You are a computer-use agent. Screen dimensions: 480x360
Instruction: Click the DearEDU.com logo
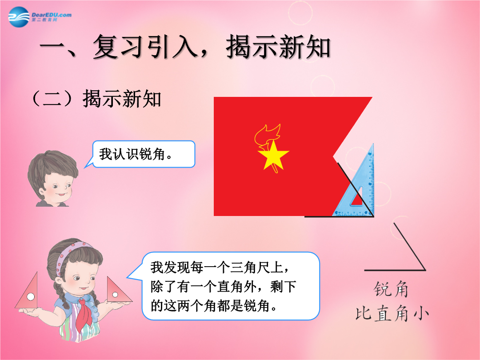(40, 17)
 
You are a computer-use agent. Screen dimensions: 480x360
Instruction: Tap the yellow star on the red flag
(273, 155)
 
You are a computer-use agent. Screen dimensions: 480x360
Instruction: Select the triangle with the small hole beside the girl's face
(118, 290)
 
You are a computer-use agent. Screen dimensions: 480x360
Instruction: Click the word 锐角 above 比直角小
(391, 290)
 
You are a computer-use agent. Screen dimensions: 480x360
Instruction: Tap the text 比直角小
(392, 313)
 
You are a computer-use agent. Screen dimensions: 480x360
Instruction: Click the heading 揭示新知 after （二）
(121, 99)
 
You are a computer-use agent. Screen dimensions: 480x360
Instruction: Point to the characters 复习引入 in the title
(145, 47)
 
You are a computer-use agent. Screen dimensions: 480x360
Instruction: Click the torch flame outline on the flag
(267, 135)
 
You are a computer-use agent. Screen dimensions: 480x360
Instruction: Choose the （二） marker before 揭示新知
(52, 99)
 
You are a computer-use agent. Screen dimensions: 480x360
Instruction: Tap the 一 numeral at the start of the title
(52, 47)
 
